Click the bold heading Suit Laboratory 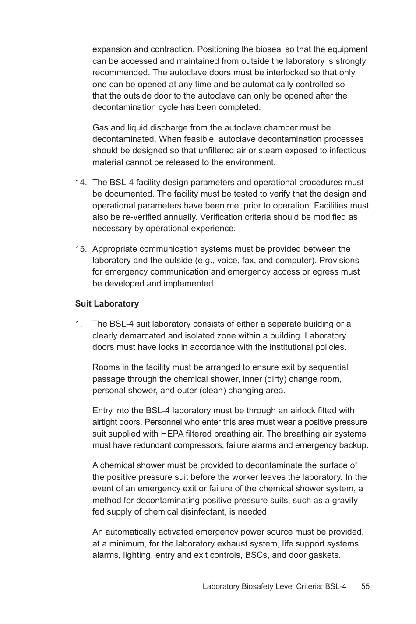pyautogui.click(x=107, y=303)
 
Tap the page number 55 pyautogui.click(x=365, y=586)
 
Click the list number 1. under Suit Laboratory pyautogui.click(x=78, y=324)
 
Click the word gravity pyautogui.click(x=343, y=501)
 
